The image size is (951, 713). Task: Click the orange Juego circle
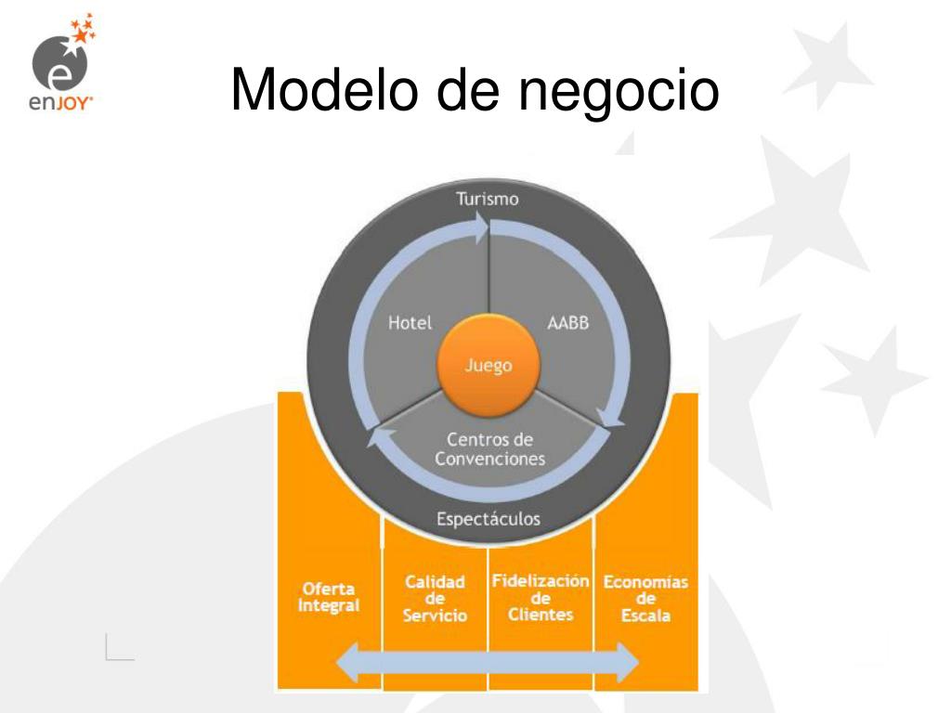point(489,366)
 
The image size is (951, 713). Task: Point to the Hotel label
point(410,324)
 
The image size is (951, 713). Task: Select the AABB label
point(568,324)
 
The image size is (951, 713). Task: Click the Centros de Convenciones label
point(489,448)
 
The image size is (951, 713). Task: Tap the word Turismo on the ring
point(488,199)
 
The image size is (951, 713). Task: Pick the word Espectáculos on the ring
point(489,518)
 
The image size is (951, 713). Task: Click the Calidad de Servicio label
point(435,599)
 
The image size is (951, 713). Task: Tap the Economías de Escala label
point(645,599)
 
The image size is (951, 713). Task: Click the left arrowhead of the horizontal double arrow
point(351,663)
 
